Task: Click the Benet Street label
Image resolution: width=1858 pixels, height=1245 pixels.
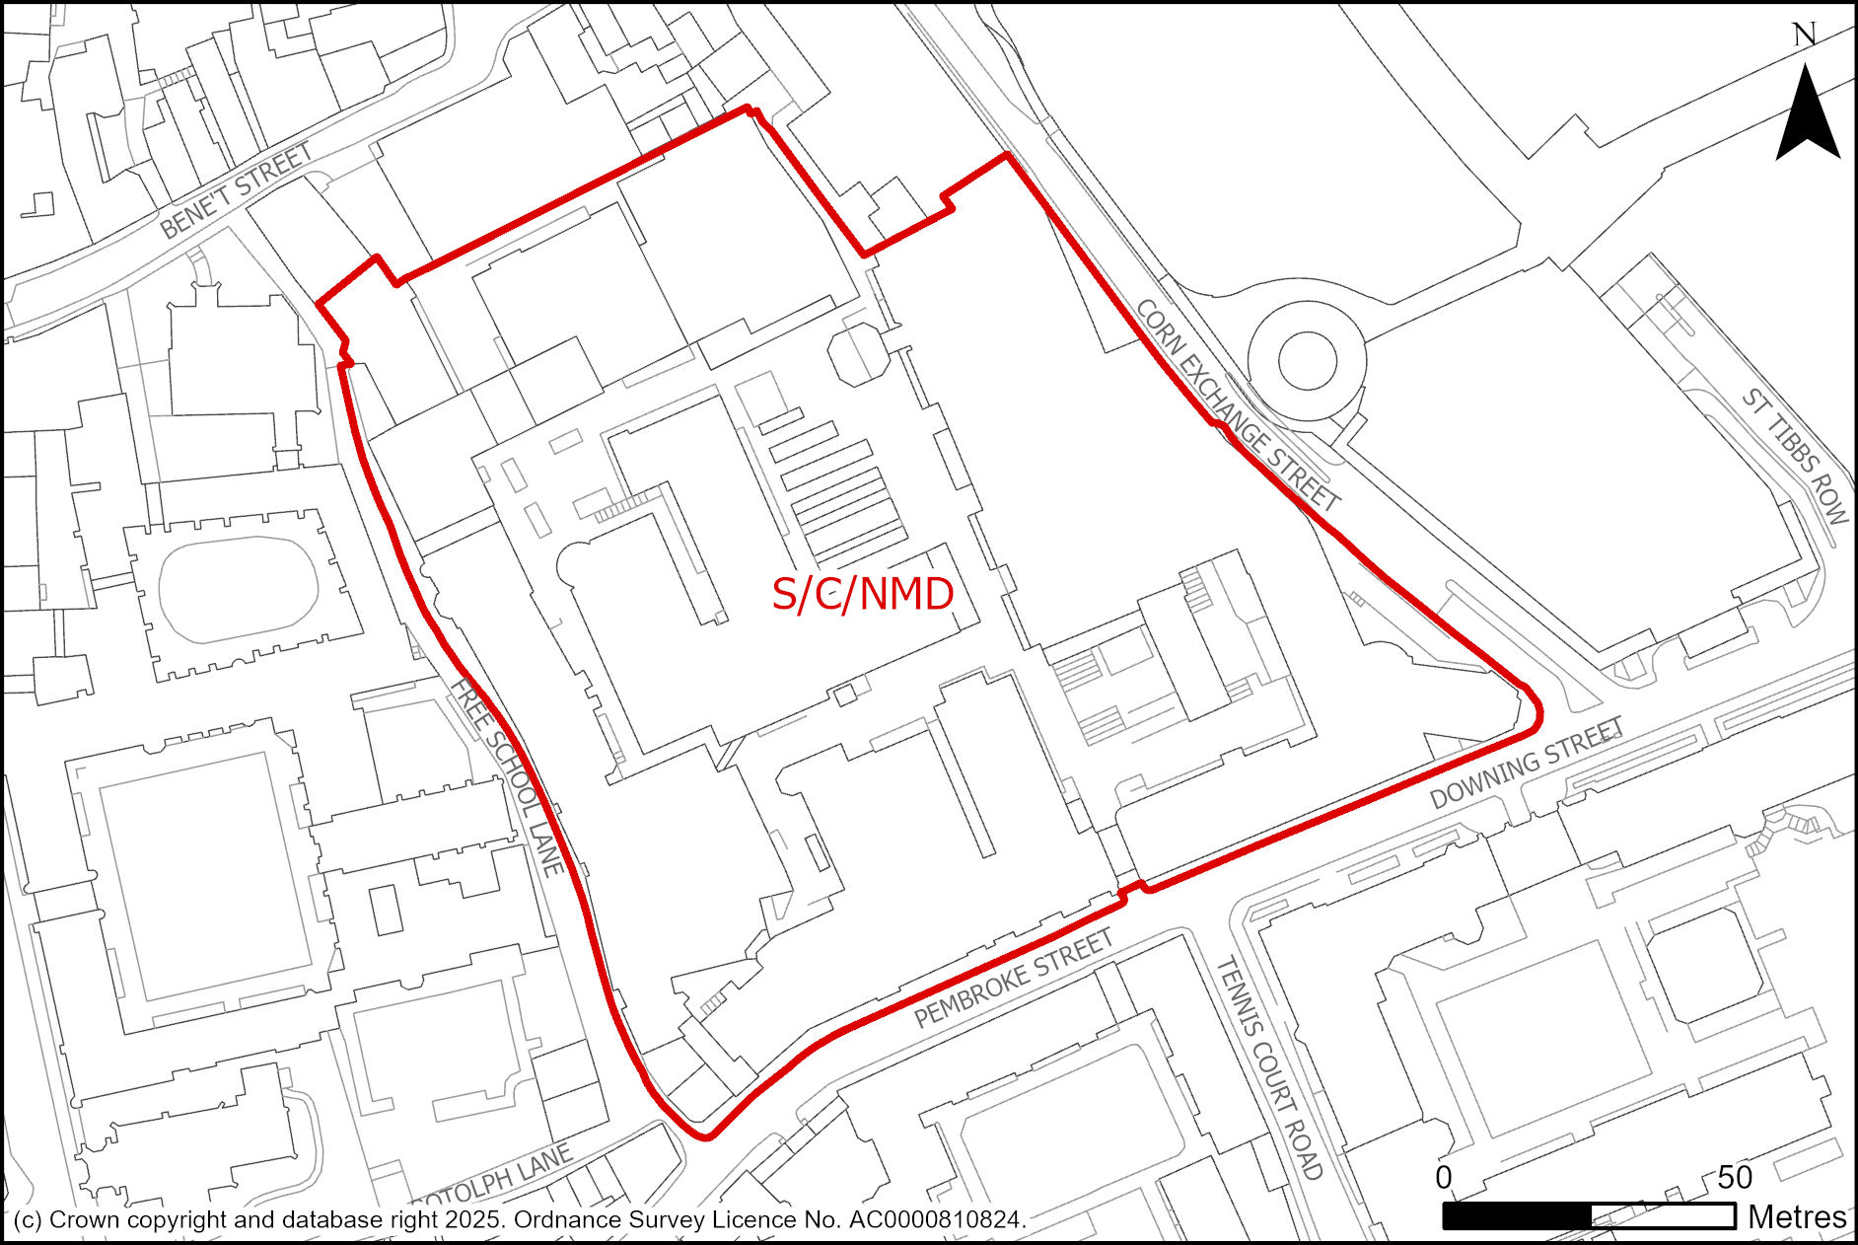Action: (x=236, y=190)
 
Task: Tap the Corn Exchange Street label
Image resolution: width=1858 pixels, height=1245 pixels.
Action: (x=1238, y=405)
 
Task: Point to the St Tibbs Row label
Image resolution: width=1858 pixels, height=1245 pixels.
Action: (x=1795, y=455)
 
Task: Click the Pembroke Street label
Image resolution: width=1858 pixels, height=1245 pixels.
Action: (x=1013, y=979)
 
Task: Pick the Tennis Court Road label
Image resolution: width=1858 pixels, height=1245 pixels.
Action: (x=1269, y=1068)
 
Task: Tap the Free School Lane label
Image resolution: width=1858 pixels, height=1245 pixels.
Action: (x=508, y=776)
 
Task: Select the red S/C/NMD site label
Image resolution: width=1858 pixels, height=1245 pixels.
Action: (x=862, y=594)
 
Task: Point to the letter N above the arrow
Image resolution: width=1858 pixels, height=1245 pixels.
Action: (x=1805, y=36)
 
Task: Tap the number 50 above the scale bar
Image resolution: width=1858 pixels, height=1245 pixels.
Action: (x=1735, y=1177)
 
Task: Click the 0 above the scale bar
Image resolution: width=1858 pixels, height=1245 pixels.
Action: (x=1444, y=1177)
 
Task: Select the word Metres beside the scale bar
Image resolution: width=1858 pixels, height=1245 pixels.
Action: (x=1797, y=1217)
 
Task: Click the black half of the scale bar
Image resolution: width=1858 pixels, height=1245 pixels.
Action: (x=1517, y=1216)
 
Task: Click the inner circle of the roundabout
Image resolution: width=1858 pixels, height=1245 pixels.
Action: (x=1307, y=360)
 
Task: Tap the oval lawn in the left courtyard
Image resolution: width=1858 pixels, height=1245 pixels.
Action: (x=238, y=589)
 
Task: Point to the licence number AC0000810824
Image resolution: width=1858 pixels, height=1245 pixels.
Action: (x=934, y=1219)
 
